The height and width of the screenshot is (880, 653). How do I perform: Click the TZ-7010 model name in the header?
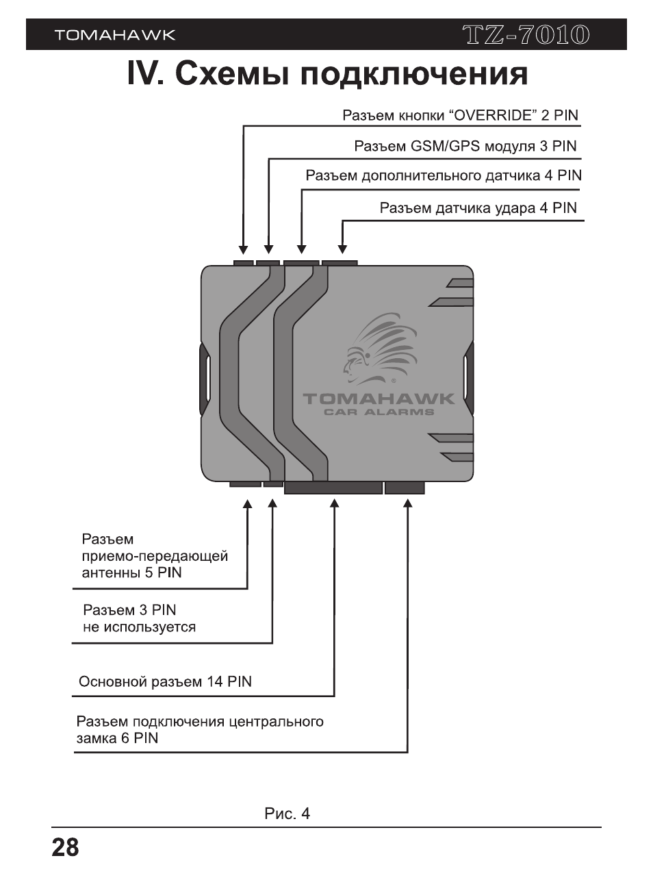tap(526, 35)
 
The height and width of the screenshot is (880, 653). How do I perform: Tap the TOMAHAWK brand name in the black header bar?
tap(115, 35)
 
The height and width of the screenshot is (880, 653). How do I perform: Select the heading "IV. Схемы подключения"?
tap(327, 73)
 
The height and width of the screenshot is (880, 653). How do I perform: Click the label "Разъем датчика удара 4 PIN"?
tap(478, 208)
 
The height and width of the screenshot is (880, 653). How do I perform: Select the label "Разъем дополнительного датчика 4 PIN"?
tap(444, 175)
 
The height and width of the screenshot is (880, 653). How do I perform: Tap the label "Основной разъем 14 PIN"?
tap(165, 681)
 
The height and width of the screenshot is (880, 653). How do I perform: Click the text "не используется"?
tap(139, 627)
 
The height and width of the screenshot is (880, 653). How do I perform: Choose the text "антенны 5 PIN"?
tap(131, 573)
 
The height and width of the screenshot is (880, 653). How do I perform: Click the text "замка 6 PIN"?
tap(117, 738)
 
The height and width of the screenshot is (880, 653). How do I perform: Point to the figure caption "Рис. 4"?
tap(287, 814)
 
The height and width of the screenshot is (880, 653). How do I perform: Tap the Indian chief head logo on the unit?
tap(381, 349)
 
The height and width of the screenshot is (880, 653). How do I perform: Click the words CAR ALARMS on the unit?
tap(379, 412)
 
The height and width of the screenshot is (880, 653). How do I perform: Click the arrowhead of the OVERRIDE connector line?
tap(244, 249)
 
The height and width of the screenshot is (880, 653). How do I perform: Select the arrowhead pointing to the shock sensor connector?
tap(343, 249)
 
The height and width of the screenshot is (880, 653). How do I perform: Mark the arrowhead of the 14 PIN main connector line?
tap(335, 503)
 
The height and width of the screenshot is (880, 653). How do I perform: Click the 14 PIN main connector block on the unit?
tap(333, 488)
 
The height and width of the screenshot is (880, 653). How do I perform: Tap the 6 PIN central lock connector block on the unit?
tap(405, 488)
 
